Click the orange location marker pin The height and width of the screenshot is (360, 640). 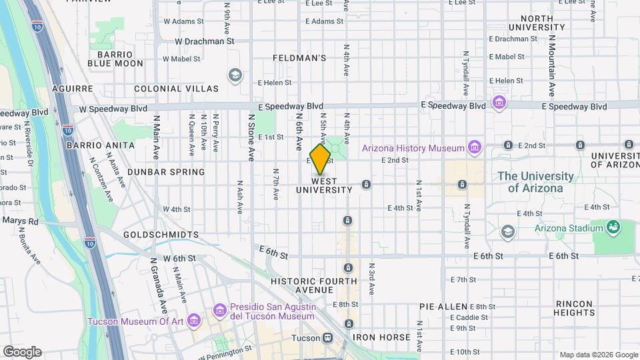(321, 159)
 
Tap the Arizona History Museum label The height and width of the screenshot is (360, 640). (413, 147)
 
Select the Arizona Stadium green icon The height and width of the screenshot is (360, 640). (612, 228)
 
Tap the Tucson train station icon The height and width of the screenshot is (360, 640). (327, 338)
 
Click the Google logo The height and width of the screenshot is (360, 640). (21, 352)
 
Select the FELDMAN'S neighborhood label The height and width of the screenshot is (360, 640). (299, 59)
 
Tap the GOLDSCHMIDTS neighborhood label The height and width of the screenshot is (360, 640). (161, 235)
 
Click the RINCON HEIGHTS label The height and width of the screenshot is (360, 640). (574, 307)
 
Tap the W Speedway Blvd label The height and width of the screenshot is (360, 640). (113, 108)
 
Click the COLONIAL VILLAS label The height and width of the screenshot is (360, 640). (176, 89)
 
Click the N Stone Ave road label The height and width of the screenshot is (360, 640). (252, 137)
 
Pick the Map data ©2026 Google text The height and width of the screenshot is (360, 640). (598, 355)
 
